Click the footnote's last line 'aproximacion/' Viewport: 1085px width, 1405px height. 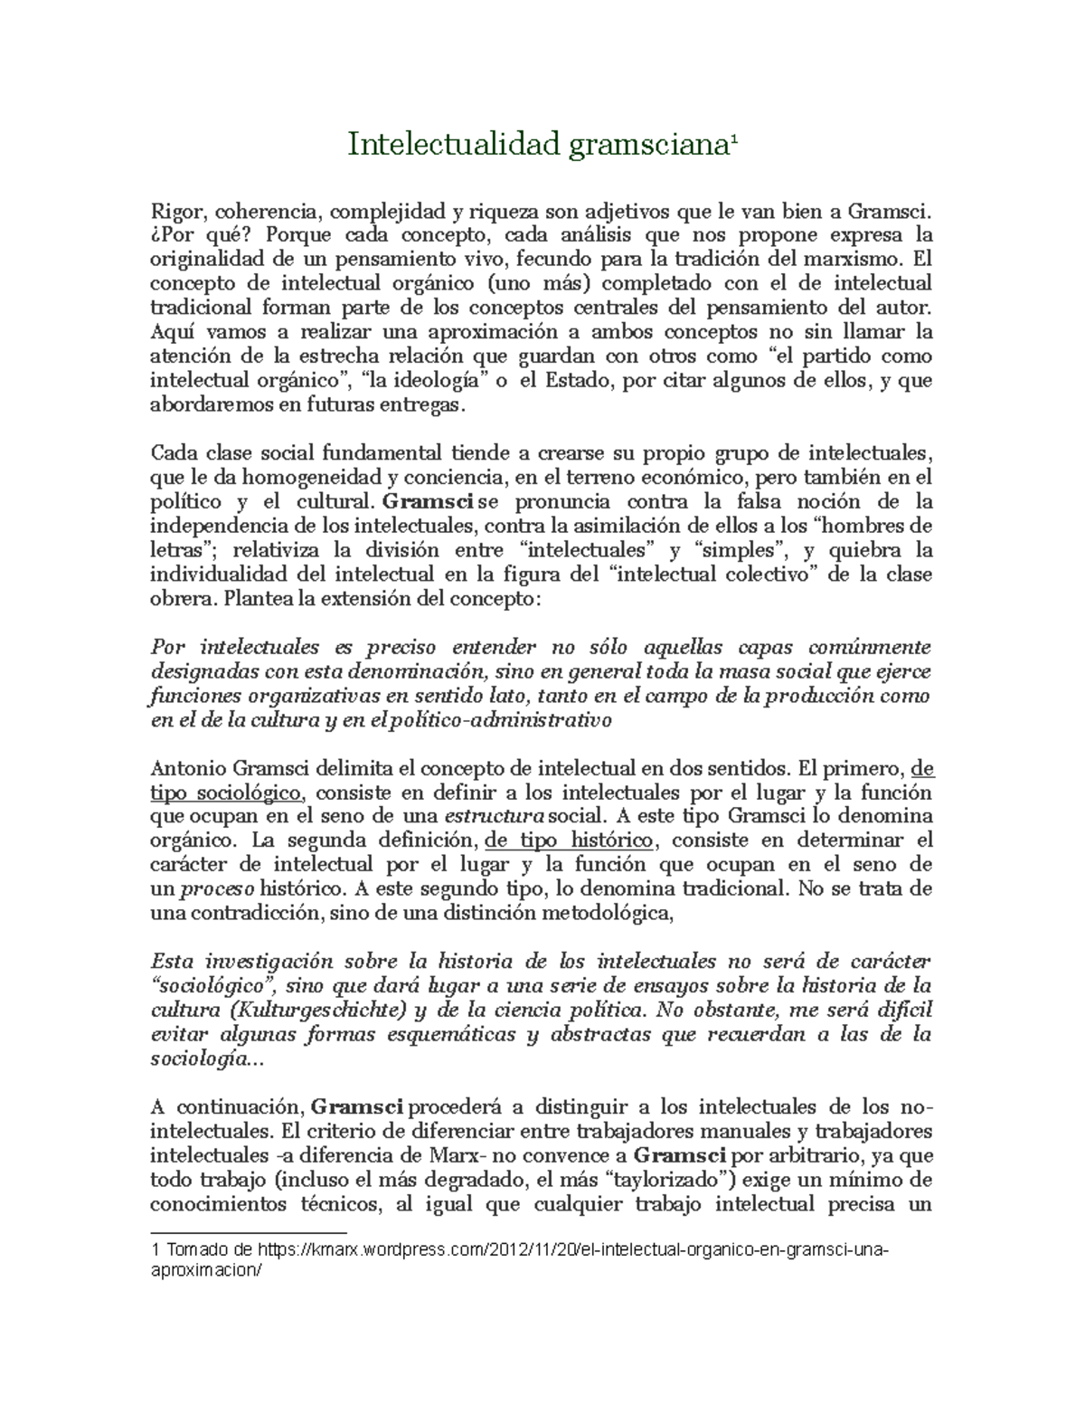pyautogui.click(x=208, y=1269)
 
